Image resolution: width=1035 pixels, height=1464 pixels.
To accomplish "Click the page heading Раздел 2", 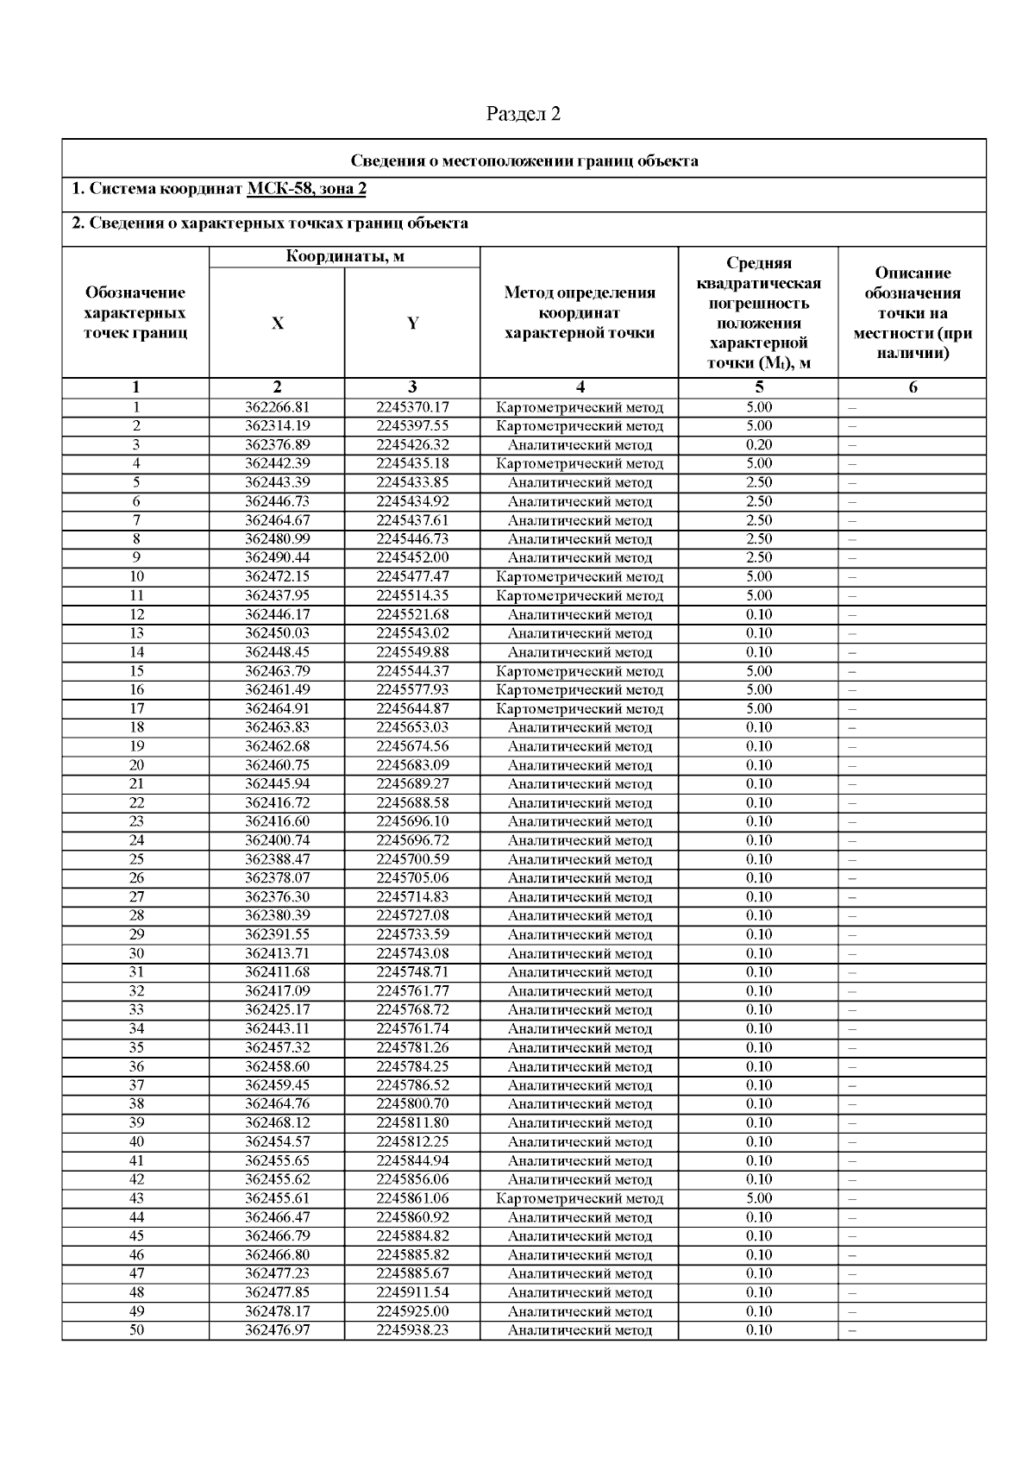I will coord(524,114).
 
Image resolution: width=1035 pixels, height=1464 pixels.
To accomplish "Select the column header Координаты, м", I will coord(345,256).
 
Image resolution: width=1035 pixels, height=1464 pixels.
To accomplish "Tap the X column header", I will coord(277,324).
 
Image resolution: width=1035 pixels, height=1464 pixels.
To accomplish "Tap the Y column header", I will coord(412,324).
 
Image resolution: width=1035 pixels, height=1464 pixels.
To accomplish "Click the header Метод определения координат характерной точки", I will coord(580,313).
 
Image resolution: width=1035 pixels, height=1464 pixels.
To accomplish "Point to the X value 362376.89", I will coord(277,445).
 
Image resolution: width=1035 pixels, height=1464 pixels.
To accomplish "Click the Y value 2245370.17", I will coord(412,407).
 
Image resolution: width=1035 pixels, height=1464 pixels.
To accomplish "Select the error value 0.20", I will coord(759,445).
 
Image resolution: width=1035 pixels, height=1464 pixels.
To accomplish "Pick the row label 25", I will coord(136,859).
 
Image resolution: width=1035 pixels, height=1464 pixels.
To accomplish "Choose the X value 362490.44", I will coord(277,557).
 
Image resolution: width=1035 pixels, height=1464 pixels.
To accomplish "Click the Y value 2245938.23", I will coord(412,1329).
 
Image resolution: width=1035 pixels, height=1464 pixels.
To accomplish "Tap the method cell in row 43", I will coord(580,1198).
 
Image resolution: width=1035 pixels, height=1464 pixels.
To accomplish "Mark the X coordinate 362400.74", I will coord(277,840).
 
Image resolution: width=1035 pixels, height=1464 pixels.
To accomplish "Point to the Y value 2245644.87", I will coord(412,708).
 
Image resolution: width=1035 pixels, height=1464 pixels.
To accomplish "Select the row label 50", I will coord(136,1329).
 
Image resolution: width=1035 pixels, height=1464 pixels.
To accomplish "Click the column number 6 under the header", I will coord(913,387).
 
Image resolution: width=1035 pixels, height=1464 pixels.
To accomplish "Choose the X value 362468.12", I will coord(277,1122).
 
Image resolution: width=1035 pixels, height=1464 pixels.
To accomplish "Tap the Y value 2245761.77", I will coord(412,990).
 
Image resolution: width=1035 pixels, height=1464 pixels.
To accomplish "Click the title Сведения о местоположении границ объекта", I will coord(524,160).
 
